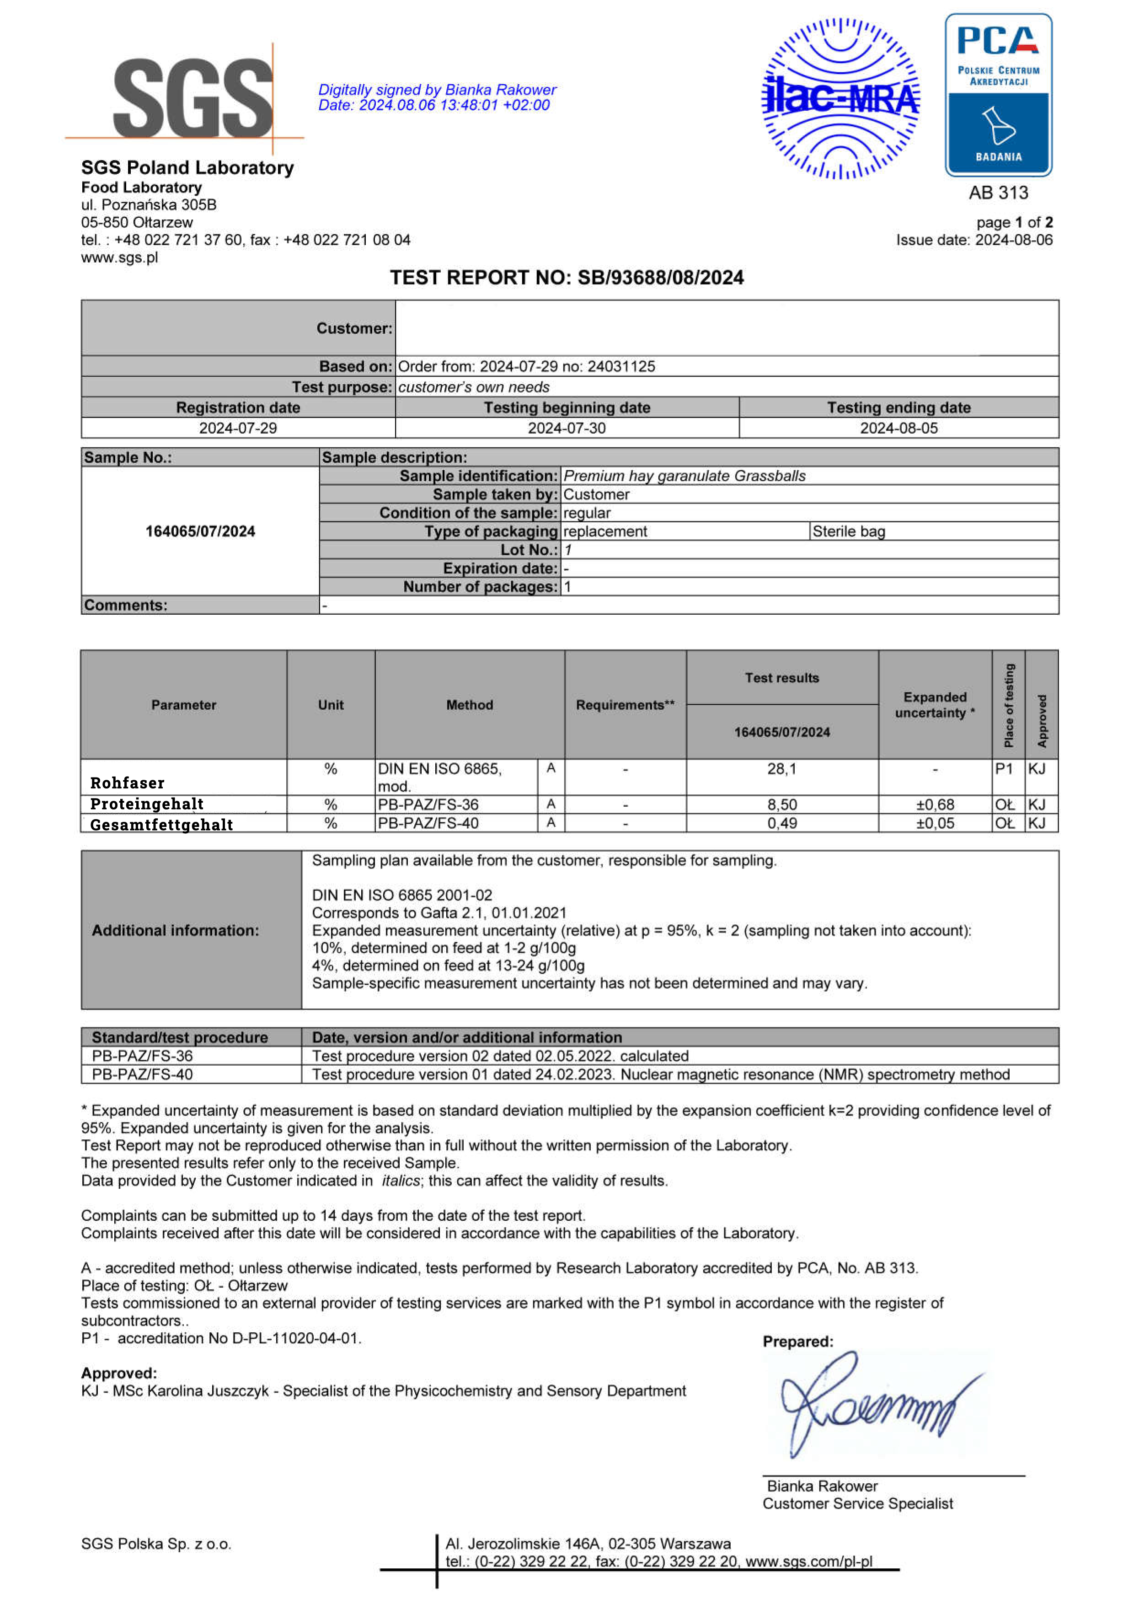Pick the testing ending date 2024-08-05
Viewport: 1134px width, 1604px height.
[x=898, y=428]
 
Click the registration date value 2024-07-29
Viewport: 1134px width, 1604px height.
[x=238, y=428]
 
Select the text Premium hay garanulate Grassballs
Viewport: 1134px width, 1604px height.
[x=685, y=476]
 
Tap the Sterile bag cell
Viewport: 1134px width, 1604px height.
[x=848, y=531]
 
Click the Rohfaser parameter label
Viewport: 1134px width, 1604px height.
[x=127, y=783]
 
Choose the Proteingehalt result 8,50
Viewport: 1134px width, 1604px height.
[x=781, y=805]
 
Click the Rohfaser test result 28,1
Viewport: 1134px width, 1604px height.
[x=781, y=769]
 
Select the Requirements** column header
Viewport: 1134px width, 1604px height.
[x=625, y=705]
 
